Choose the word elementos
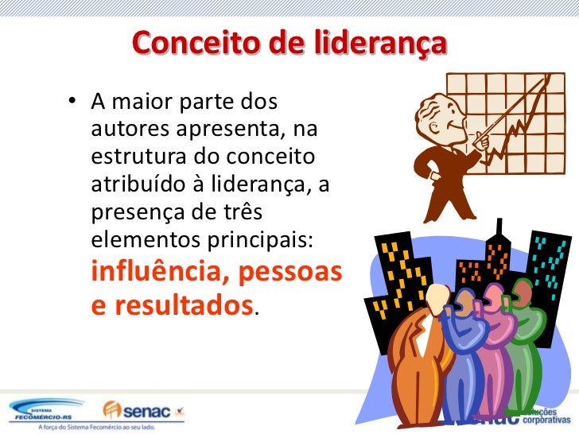pyautogui.click(x=143, y=239)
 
